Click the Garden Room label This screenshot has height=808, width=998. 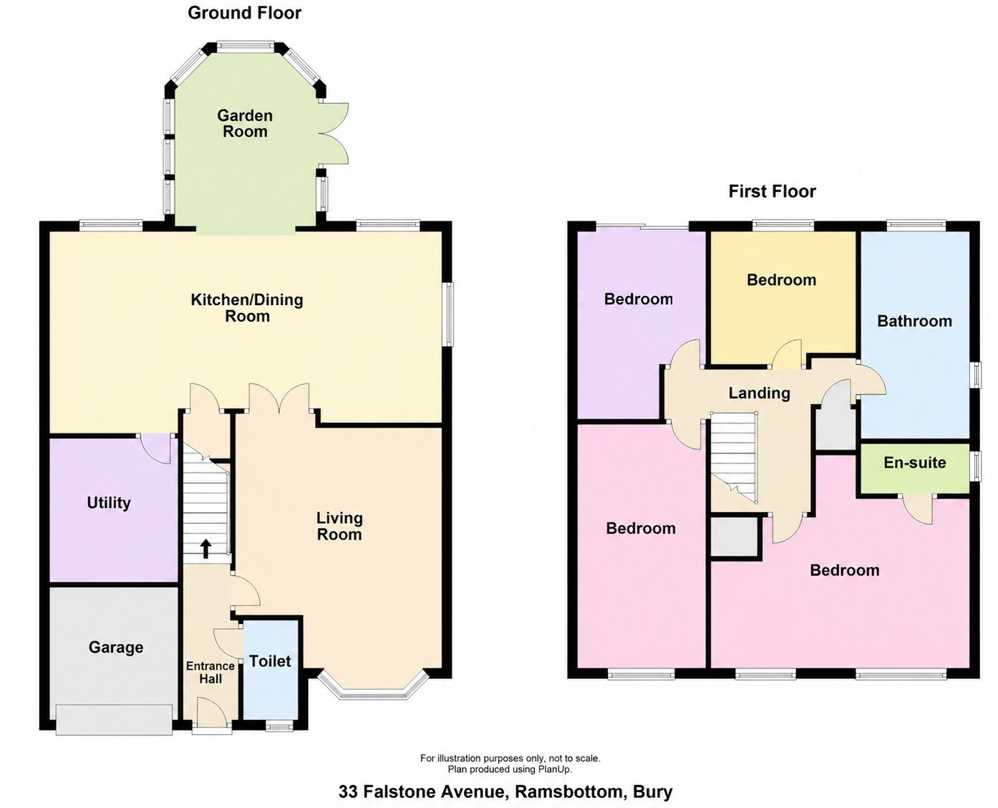(x=245, y=123)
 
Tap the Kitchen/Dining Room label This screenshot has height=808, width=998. (x=247, y=308)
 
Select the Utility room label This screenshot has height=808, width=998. (x=109, y=503)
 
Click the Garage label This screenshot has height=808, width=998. (x=116, y=648)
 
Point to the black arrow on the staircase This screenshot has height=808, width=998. (x=205, y=549)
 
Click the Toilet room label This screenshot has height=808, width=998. (x=270, y=661)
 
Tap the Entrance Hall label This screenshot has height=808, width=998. (x=210, y=672)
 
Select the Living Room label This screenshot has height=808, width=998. (x=339, y=526)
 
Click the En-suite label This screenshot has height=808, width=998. (x=915, y=463)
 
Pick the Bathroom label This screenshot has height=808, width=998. (x=915, y=321)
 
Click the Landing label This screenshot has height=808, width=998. (x=759, y=393)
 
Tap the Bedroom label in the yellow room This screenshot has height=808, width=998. (x=782, y=280)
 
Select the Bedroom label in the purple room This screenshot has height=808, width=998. (x=639, y=299)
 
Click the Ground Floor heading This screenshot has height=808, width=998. (x=245, y=13)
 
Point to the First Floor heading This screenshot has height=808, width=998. (x=772, y=191)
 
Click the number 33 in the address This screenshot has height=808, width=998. (x=348, y=792)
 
